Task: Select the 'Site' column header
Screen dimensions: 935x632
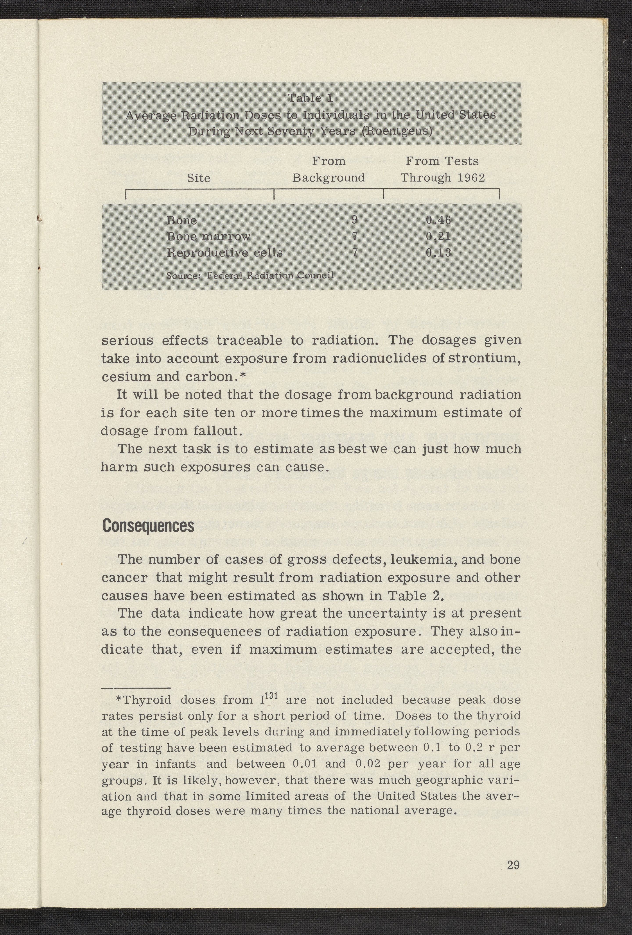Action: (x=199, y=178)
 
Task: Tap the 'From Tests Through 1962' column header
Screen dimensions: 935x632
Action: (x=442, y=169)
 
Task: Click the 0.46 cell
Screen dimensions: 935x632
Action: (x=438, y=220)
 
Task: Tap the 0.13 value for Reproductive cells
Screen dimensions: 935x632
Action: (x=438, y=253)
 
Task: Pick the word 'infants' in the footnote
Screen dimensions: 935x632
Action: (x=176, y=764)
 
